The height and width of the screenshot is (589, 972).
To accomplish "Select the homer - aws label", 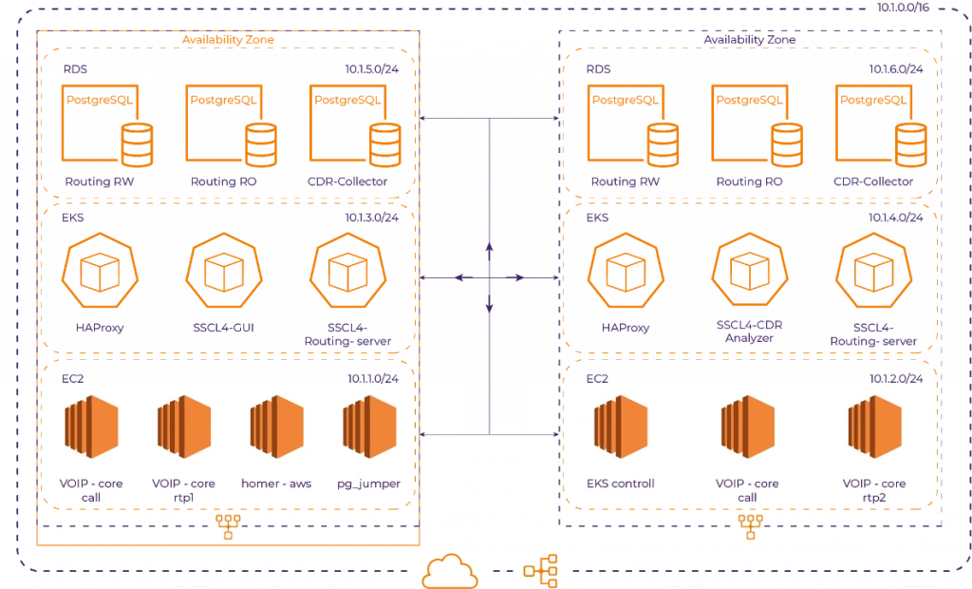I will click(x=275, y=484).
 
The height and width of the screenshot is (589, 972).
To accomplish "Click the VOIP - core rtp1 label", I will click(x=184, y=490).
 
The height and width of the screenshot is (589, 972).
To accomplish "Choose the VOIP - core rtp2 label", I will click(x=873, y=490).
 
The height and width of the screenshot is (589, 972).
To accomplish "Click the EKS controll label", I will click(x=621, y=484).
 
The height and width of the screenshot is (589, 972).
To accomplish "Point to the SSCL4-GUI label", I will click(x=224, y=329).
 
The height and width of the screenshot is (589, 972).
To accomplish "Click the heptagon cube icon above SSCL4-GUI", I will click(x=224, y=273).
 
